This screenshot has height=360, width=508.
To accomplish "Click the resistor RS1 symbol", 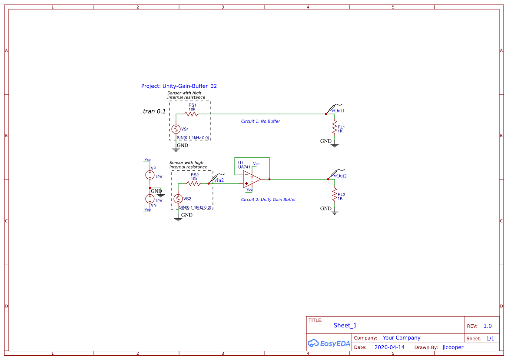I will pos(191,114).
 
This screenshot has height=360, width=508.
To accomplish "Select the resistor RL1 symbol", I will pos(334,129).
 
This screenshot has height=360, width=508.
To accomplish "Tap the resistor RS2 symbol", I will pos(193,183).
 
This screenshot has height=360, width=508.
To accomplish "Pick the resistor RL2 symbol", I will pos(334,196).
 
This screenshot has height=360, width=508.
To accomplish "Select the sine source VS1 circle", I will pos(176,129).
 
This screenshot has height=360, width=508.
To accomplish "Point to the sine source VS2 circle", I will pos(178,199).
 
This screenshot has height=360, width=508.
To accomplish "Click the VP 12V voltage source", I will pos(149,175).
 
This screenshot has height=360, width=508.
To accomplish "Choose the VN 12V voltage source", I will pos(149,199).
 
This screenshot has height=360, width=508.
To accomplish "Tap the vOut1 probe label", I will pos(338,110).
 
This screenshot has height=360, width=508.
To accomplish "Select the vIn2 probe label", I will pos(219,180).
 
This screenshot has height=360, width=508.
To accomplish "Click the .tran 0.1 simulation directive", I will pos(153,111).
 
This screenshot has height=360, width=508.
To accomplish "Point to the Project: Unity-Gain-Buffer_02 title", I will pos(179,86).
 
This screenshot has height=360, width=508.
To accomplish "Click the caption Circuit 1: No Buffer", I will pos(260,121).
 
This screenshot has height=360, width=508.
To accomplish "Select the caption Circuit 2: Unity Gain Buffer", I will pos(268,200).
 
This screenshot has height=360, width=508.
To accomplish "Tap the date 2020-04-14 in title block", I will pos(389,347).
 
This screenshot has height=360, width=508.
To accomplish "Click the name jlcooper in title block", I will pos(453,347).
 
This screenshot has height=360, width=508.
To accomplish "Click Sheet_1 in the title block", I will pos(345,325).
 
